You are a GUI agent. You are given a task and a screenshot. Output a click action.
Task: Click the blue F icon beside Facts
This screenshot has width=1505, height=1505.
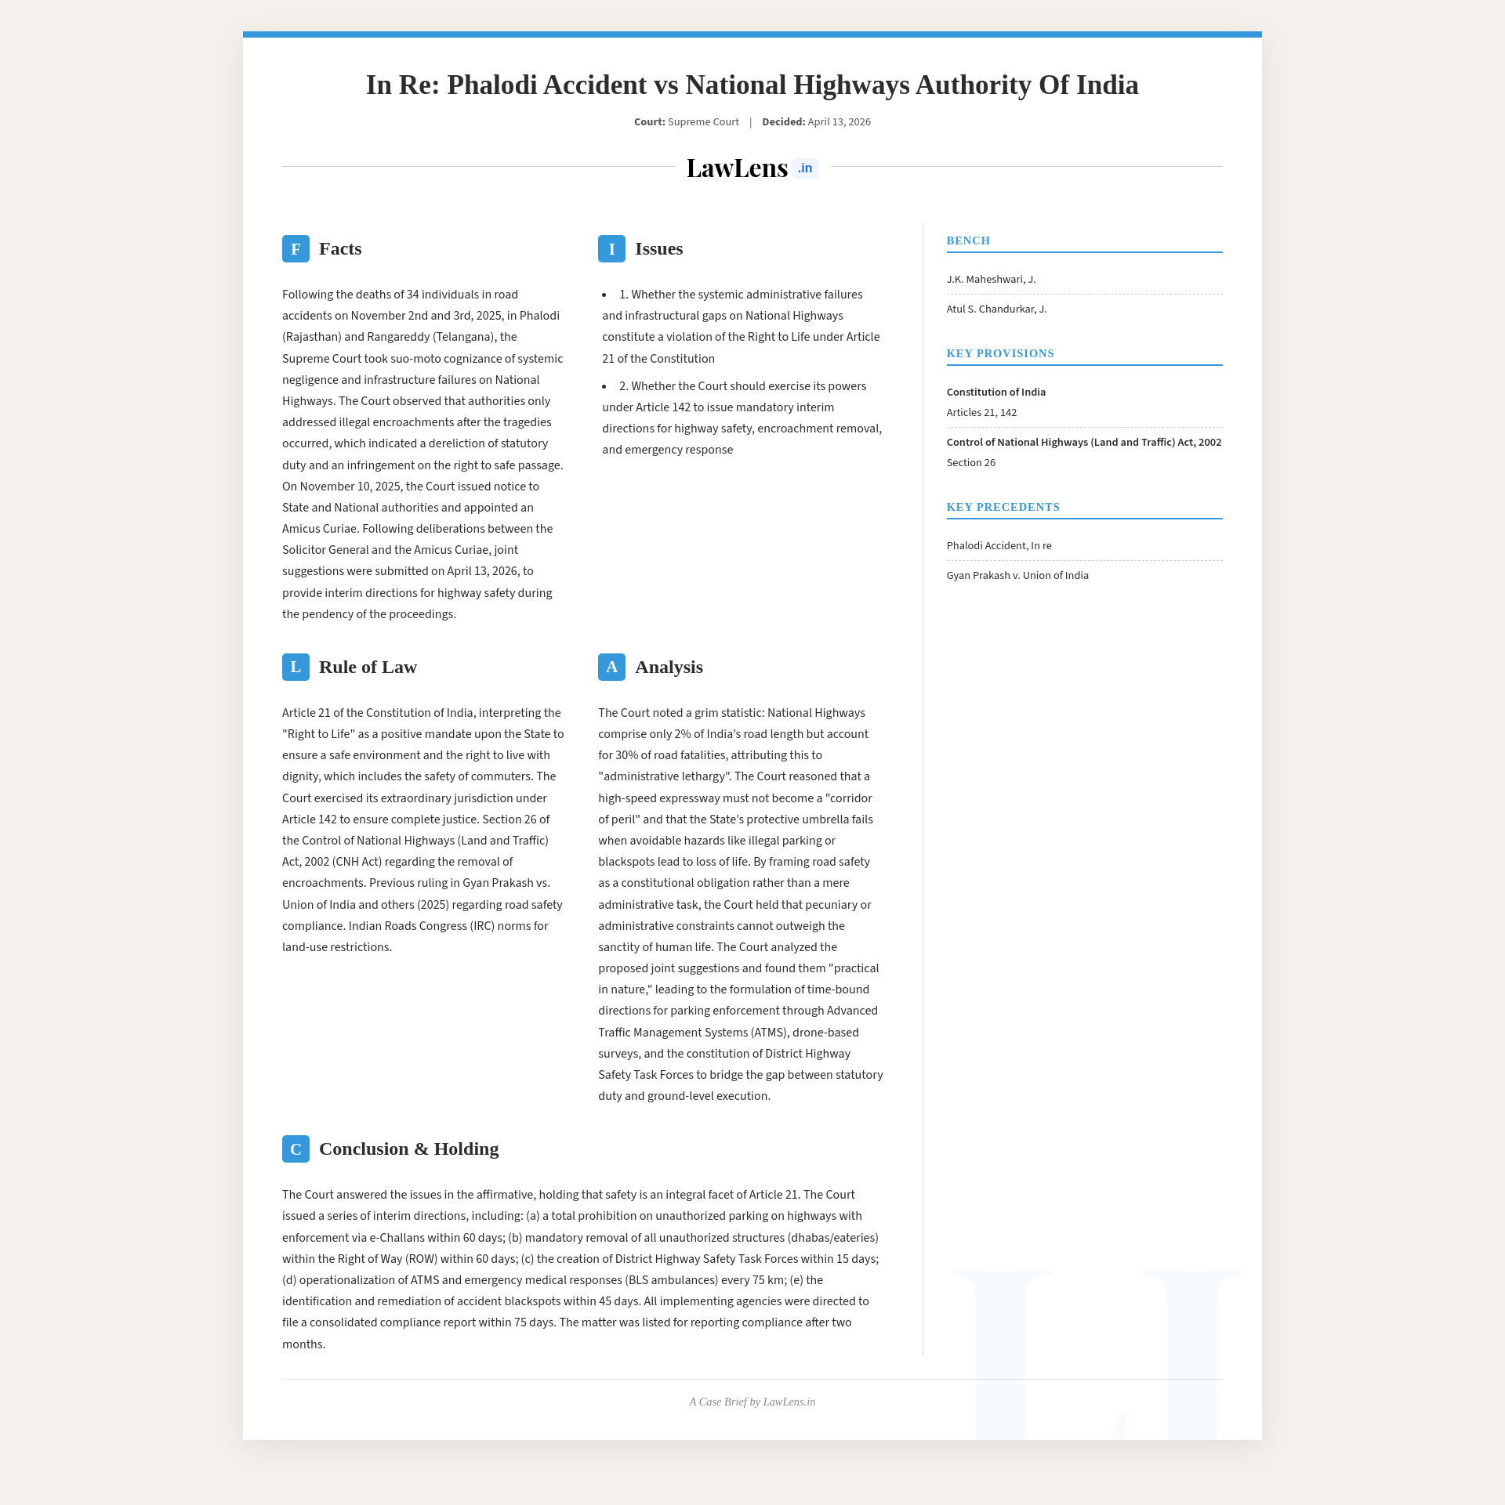click(x=296, y=249)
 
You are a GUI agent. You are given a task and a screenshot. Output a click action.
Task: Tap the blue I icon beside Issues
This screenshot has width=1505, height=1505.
click(x=611, y=249)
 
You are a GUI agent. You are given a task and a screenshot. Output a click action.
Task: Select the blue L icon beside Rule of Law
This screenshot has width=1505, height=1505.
click(x=296, y=667)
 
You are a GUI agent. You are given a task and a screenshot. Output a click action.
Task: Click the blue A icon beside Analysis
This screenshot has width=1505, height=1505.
click(x=611, y=667)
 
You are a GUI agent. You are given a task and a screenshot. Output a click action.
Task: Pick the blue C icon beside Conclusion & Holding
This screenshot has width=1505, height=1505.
click(x=296, y=1149)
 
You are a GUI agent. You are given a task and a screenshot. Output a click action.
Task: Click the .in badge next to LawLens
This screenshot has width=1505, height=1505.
click(x=805, y=168)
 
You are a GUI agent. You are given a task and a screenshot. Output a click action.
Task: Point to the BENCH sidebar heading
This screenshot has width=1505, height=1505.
click(x=968, y=241)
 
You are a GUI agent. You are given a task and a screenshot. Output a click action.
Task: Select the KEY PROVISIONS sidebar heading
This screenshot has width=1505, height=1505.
click(x=1000, y=353)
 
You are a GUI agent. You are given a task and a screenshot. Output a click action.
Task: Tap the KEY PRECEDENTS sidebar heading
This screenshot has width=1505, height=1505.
click(x=1003, y=507)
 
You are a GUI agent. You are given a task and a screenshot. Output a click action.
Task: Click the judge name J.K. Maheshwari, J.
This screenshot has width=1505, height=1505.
click(x=991, y=280)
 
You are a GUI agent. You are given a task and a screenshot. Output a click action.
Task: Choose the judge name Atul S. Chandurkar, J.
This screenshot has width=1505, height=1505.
click(x=996, y=309)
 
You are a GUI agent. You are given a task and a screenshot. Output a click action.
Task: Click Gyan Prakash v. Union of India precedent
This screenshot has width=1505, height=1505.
click(x=1017, y=576)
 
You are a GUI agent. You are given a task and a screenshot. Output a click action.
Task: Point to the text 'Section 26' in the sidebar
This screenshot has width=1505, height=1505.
click(x=970, y=463)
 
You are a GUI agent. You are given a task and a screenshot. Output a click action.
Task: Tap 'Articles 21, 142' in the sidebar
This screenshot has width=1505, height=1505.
click(x=981, y=413)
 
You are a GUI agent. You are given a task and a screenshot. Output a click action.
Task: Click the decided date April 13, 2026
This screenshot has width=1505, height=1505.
click(x=839, y=122)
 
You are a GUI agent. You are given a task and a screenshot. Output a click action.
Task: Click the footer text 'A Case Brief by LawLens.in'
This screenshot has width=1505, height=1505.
click(x=752, y=1402)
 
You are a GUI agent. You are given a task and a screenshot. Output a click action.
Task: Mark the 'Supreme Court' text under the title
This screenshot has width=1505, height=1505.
click(x=703, y=122)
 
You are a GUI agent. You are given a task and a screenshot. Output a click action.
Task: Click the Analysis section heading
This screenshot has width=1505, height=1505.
click(x=669, y=667)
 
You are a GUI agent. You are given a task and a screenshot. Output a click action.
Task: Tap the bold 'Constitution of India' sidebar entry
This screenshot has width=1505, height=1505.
click(x=995, y=393)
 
